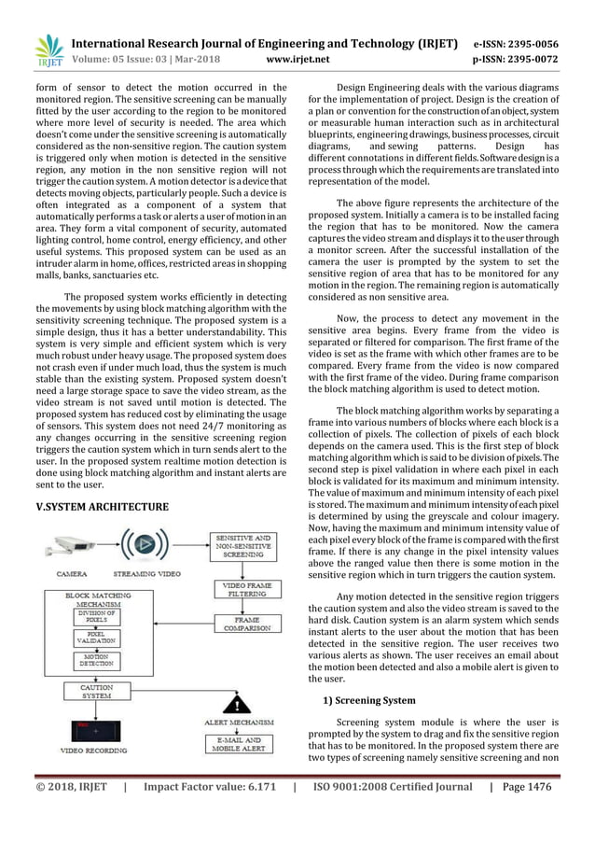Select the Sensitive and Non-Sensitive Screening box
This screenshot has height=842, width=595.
pos(244,545)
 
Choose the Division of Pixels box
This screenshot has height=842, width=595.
pos(97,616)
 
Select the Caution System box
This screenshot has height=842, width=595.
pos(97,692)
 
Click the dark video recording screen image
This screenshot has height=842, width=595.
pos(96,729)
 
